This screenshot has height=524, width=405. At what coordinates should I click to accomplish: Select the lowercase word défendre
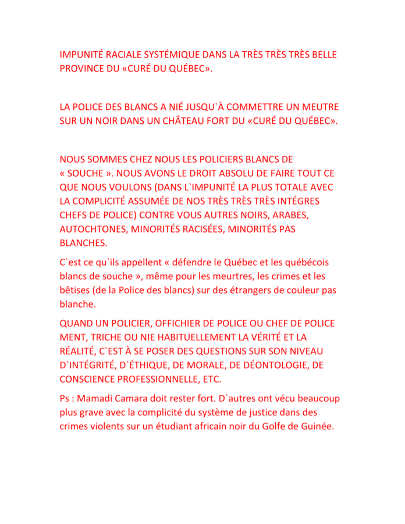pyautogui.click(x=177, y=262)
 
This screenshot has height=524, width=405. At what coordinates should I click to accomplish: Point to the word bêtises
pyautogui.click(x=77, y=290)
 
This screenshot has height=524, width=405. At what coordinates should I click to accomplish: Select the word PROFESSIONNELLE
pyautogui.click(x=161, y=379)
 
